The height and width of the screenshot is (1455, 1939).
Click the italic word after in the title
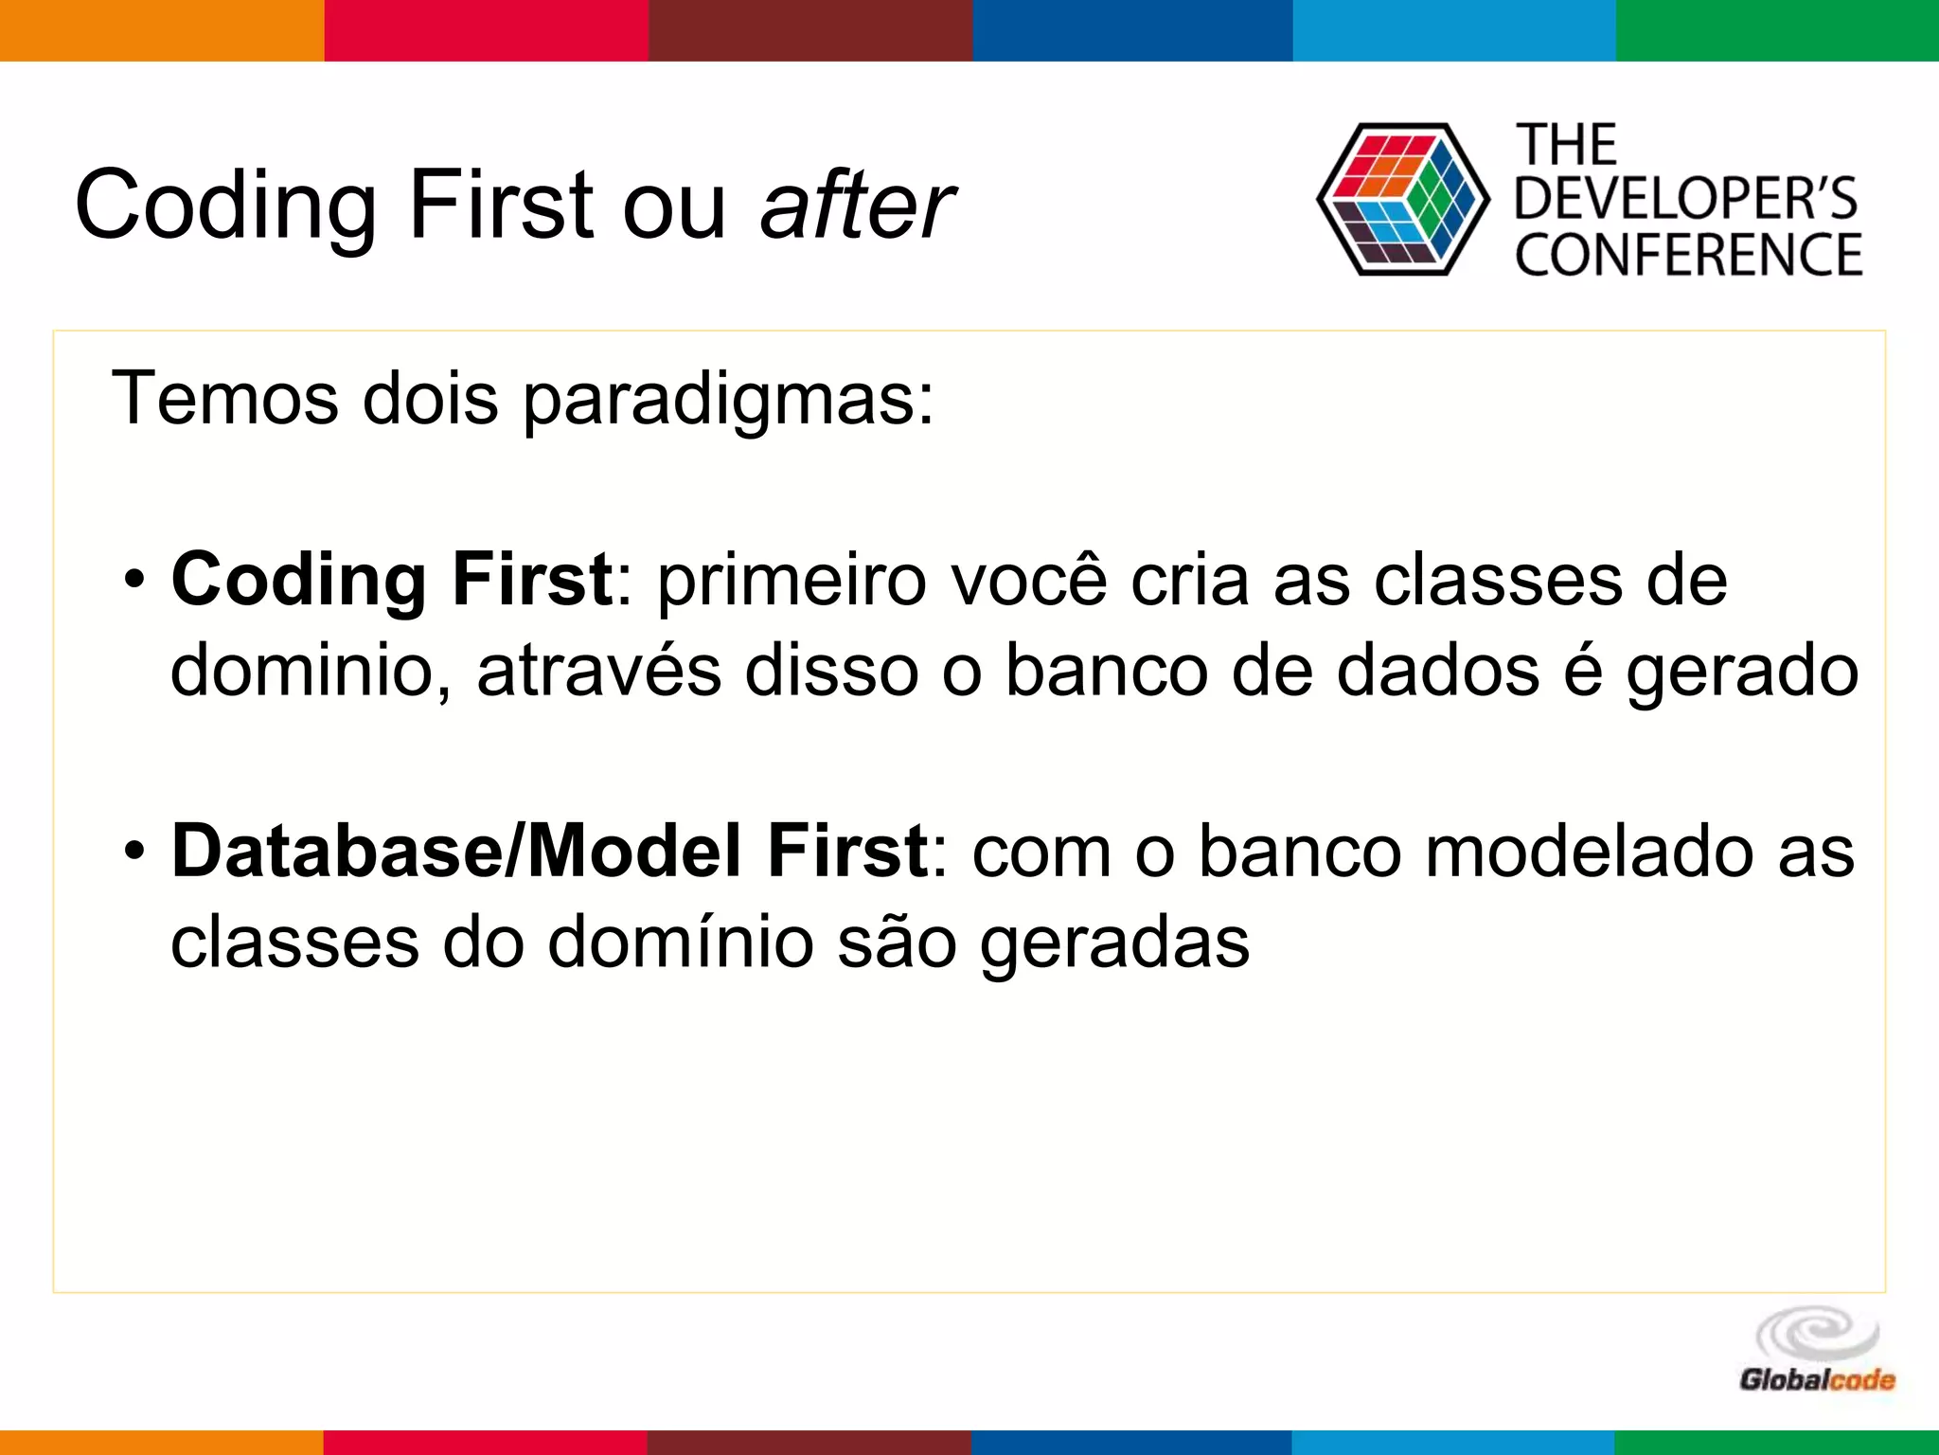tap(857, 205)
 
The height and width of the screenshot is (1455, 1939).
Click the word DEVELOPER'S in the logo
tap(1686, 199)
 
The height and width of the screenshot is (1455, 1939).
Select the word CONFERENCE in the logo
tap(1688, 255)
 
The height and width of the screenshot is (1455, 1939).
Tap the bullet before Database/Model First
tap(135, 850)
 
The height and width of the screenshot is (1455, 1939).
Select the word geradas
tap(1113, 943)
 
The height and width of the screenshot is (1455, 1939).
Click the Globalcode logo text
tap(1817, 1379)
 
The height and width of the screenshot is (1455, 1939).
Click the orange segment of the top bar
tap(162, 30)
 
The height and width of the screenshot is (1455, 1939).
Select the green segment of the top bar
tap(1777, 30)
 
